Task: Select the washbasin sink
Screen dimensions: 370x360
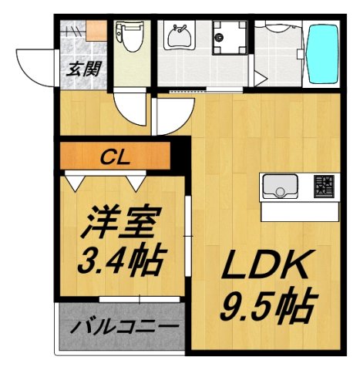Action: point(180,35)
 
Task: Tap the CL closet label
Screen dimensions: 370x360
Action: point(117,159)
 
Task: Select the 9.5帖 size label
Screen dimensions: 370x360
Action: point(265,308)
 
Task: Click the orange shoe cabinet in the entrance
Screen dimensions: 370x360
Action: point(96,32)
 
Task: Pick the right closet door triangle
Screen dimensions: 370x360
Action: point(136,182)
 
